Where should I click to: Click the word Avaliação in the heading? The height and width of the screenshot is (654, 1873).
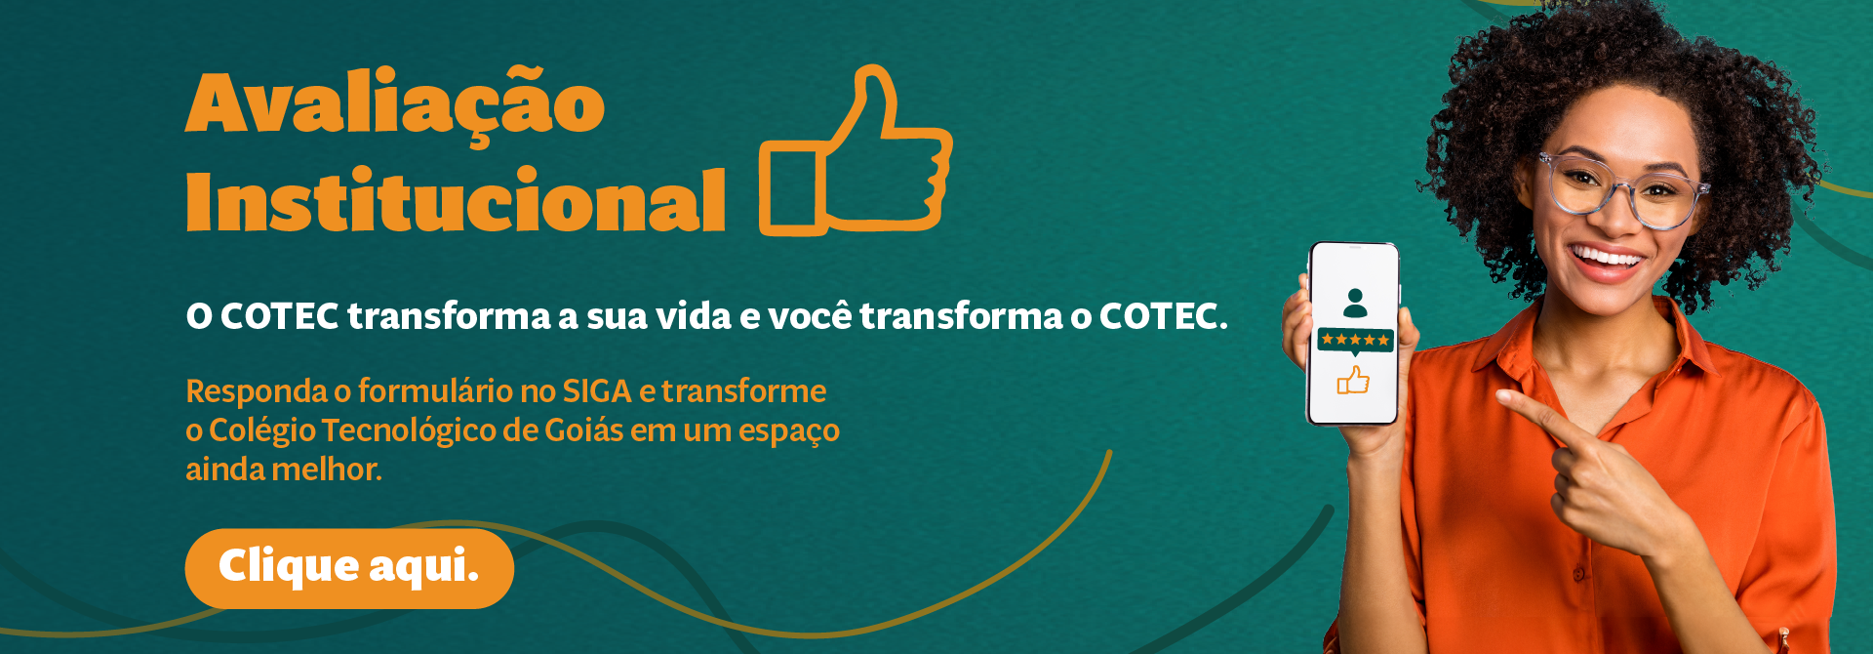pyautogui.click(x=395, y=103)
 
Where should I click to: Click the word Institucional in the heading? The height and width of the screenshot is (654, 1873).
pyautogui.click(x=456, y=200)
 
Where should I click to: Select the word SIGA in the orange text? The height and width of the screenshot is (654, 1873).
pyautogui.click(x=598, y=391)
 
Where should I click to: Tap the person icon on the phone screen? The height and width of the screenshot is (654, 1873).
pyautogui.click(x=1355, y=303)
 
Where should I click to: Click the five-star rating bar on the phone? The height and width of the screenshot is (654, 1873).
pyautogui.click(x=1355, y=340)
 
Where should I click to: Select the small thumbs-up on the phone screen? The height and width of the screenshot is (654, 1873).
pyautogui.click(x=1353, y=380)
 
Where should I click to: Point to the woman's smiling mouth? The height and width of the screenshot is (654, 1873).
pyautogui.click(x=1606, y=262)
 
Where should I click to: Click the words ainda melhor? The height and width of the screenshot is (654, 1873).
pyautogui.click(x=284, y=470)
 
